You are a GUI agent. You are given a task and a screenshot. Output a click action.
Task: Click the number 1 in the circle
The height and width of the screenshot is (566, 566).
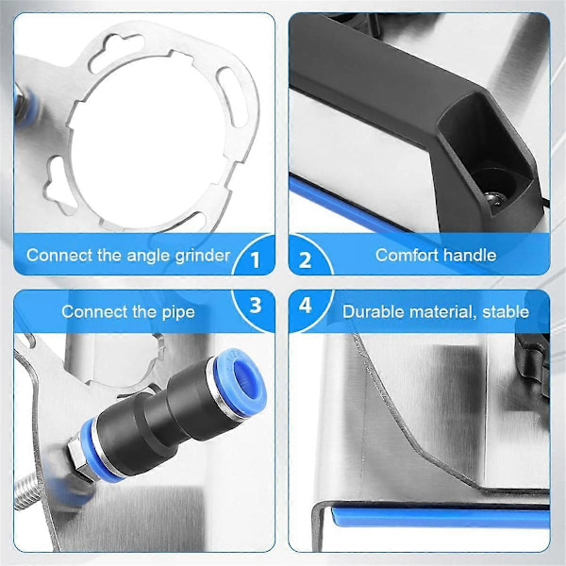coord(256,259)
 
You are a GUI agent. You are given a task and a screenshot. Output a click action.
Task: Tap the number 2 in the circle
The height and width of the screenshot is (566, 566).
coord(305,259)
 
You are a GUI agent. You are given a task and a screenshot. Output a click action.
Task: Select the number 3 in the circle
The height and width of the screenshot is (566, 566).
coord(256,305)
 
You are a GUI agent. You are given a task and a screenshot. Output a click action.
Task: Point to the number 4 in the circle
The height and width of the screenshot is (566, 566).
coord(306,305)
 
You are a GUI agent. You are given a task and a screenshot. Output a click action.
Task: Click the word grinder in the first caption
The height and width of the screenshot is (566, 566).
coord(203,257)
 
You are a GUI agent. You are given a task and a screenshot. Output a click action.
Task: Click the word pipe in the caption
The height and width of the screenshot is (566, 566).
coord(178,312)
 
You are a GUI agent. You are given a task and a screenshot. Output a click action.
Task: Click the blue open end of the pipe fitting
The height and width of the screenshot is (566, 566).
coord(241,380)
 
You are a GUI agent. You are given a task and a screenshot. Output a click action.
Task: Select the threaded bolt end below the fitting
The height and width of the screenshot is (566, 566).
coord(33,491)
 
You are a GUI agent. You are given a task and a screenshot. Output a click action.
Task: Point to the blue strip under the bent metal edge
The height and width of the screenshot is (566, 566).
coord(441,517)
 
